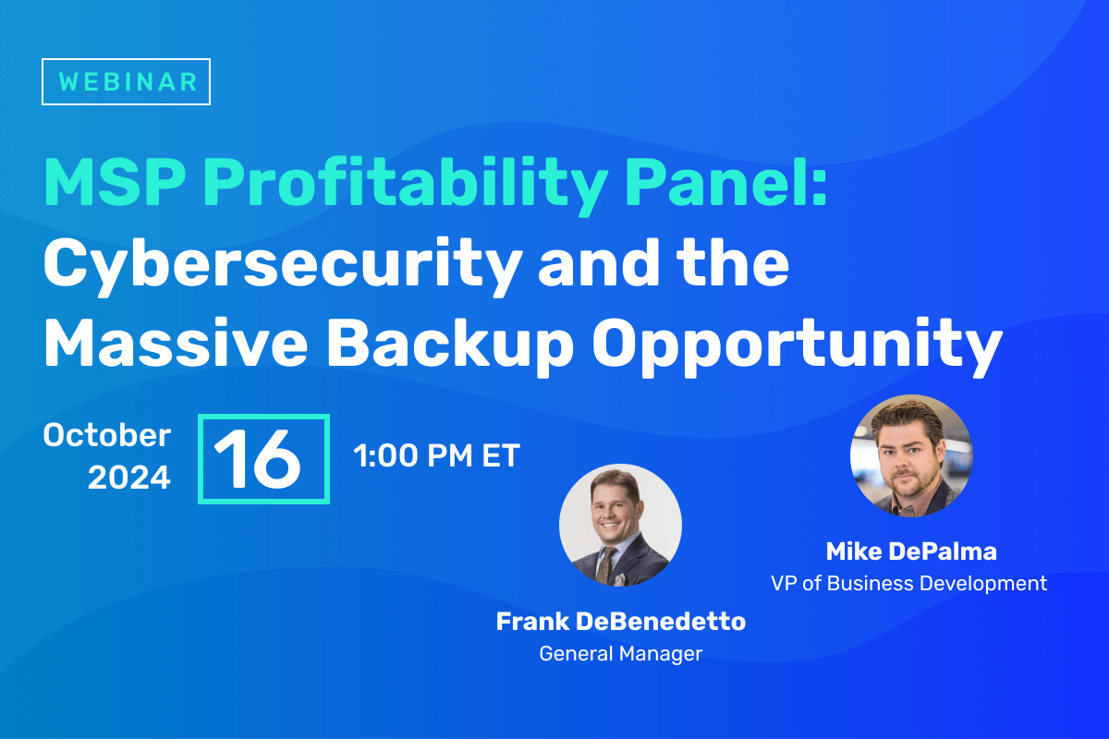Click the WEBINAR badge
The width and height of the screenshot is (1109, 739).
[x=127, y=80]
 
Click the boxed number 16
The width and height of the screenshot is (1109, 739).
[x=263, y=459]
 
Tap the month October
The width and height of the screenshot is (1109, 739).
[x=107, y=435]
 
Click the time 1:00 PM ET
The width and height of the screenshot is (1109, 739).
[x=436, y=455]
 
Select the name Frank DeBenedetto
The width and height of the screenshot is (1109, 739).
[x=620, y=622]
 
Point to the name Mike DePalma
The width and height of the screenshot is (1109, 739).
[x=910, y=552]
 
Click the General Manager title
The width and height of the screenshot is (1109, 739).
[x=620, y=654]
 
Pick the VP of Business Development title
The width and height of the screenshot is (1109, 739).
[x=909, y=584]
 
